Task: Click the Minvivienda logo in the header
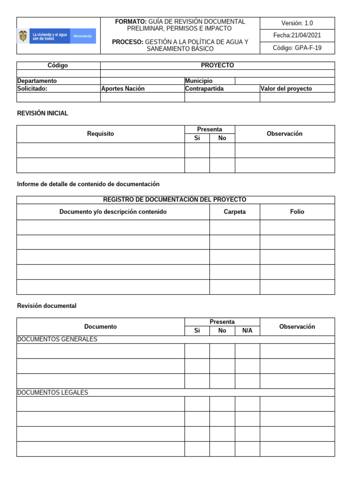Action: point(56,36)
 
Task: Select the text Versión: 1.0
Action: point(297,23)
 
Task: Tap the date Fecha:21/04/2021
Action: point(297,35)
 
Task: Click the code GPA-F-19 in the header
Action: point(297,48)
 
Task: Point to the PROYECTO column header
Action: point(217,66)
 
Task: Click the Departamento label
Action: point(37,81)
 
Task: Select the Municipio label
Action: point(199,81)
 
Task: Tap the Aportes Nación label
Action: point(123,89)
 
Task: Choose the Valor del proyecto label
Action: point(286,89)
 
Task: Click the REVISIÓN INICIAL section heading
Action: point(43,113)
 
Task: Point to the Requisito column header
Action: point(100,134)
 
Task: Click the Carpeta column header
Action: point(234,212)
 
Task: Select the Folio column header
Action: point(297,212)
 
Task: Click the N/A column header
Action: point(247,331)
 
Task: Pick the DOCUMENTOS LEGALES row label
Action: point(52,392)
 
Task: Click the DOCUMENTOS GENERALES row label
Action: point(57,339)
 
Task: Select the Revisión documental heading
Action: point(46,306)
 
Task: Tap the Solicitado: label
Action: point(32,89)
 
